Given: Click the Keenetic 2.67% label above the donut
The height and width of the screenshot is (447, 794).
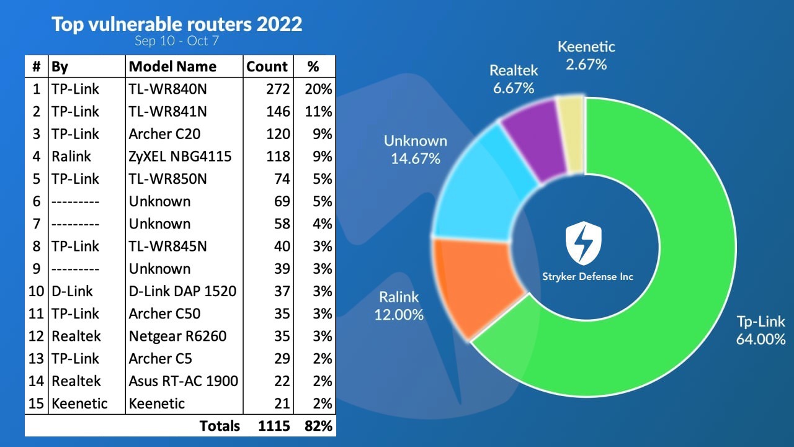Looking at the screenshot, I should pyautogui.click(x=586, y=55).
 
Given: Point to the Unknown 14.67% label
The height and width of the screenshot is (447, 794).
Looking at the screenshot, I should pyautogui.click(x=415, y=149).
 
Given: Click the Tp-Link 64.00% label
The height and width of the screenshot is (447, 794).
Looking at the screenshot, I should pyautogui.click(x=761, y=330).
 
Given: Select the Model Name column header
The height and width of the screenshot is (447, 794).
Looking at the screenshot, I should pyautogui.click(x=172, y=66).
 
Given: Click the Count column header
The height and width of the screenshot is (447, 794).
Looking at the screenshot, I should pyautogui.click(x=267, y=66).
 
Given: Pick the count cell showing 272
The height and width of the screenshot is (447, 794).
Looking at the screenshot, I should pyautogui.click(x=277, y=89).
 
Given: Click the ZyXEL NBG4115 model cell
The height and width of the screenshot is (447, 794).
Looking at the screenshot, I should pyautogui.click(x=180, y=156).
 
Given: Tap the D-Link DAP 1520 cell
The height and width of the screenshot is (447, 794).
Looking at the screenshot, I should pyautogui.click(x=182, y=291).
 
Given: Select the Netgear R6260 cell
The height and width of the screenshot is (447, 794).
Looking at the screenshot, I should pyautogui.click(x=177, y=336).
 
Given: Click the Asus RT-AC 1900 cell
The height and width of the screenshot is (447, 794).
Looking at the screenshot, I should pyautogui.click(x=183, y=381).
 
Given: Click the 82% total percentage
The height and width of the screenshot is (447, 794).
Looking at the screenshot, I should pyautogui.click(x=319, y=425).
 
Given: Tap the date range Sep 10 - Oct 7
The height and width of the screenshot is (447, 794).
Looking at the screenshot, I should pyautogui.click(x=177, y=41).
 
